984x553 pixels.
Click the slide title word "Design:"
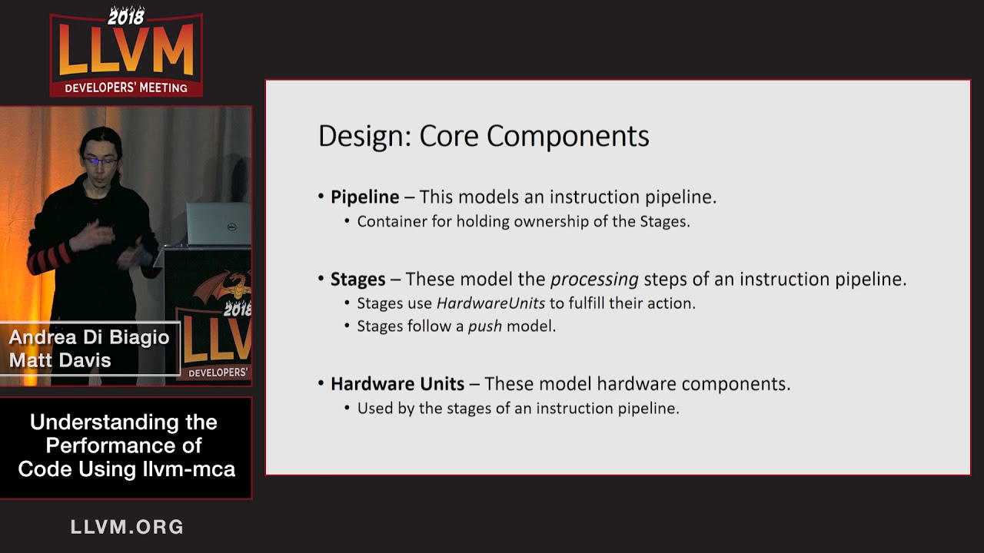tap(364, 137)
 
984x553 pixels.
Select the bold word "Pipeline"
tap(364, 197)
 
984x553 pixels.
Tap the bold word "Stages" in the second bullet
tap(357, 279)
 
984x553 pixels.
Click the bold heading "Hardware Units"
tap(397, 383)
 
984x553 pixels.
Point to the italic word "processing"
tap(594, 280)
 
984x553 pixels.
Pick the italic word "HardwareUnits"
tap(490, 303)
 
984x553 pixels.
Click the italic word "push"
tap(484, 326)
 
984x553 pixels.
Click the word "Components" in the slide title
tap(567, 137)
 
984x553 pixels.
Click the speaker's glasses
tap(100, 161)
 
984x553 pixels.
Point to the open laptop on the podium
tap(218, 224)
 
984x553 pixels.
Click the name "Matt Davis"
tap(60, 360)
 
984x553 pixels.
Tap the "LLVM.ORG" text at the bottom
tap(127, 527)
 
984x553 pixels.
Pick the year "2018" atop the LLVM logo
tap(125, 15)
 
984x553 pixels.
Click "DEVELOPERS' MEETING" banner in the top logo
tap(126, 88)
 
